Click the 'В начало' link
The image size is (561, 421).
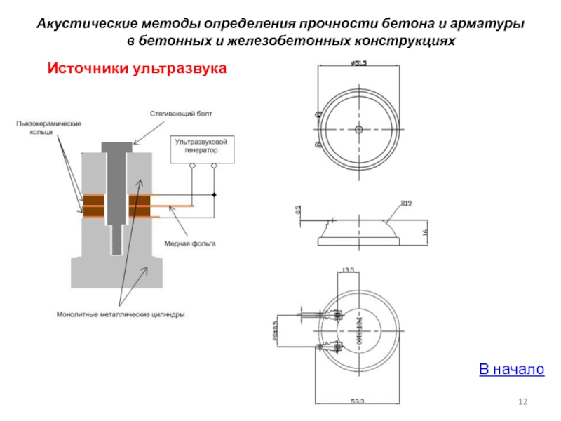pos(511,369)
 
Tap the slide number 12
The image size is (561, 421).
pos(522,401)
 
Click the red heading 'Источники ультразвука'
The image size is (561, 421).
pos(137,68)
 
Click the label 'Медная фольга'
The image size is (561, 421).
pos(189,244)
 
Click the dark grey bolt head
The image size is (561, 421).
pos(116,146)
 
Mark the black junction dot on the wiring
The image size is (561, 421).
pos(215,195)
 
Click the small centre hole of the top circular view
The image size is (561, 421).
pos(358,130)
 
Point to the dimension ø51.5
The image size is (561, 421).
pos(358,63)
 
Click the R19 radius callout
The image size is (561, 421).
pos(405,203)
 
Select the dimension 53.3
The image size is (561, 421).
pos(357,401)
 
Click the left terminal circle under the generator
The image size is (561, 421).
pos(192,166)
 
